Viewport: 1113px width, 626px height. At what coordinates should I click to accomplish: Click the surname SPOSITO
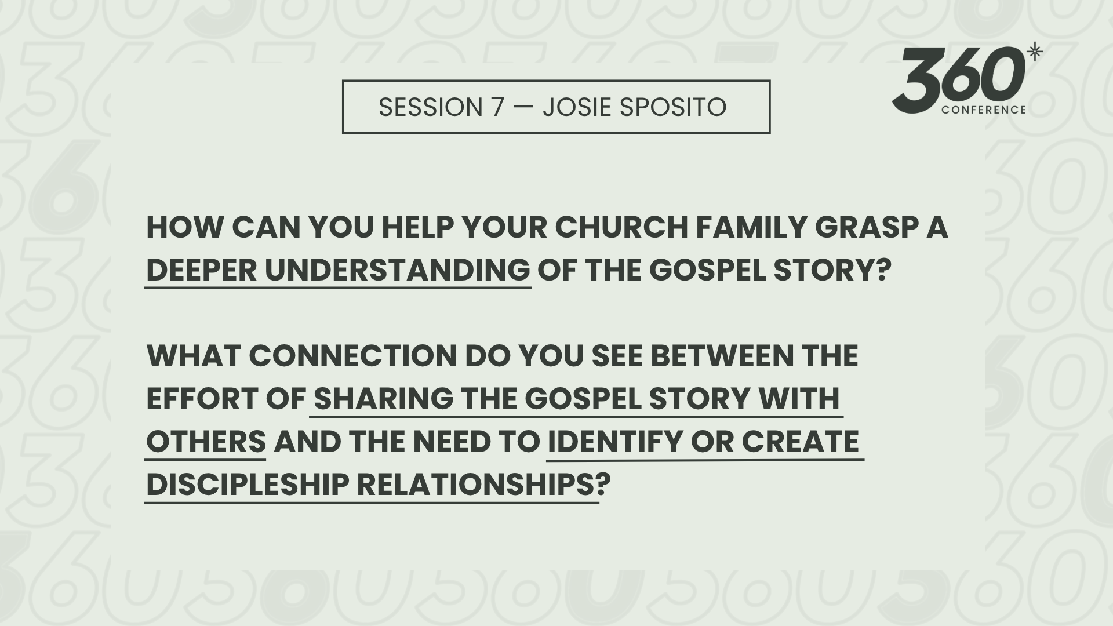click(x=672, y=107)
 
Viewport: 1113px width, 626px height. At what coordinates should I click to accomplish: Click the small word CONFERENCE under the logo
click(x=984, y=110)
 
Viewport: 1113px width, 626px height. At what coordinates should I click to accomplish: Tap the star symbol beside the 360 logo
click(x=1035, y=53)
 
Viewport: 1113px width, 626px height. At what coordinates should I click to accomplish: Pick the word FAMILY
click(x=751, y=227)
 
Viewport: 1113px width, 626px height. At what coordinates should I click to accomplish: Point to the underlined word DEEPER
click(x=202, y=270)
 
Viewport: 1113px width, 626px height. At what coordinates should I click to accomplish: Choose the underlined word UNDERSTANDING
click(x=398, y=270)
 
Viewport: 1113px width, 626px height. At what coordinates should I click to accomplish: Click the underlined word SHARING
click(x=384, y=399)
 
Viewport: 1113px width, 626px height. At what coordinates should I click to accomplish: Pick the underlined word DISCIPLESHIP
click(x=248, y=485)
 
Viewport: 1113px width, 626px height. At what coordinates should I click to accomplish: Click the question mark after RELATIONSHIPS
click(x=603, y=485)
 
